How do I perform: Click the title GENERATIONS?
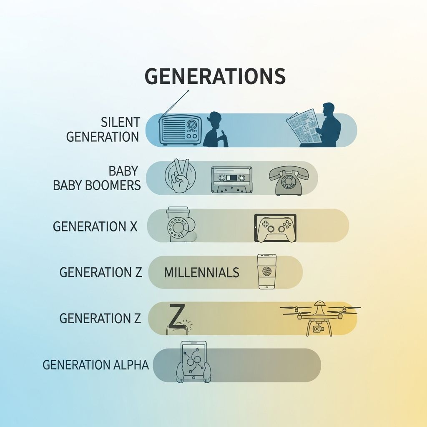pos(215,76)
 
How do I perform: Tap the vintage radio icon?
pos(181,130)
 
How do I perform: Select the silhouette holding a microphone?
pos(216,130)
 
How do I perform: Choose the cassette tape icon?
pos(231,180)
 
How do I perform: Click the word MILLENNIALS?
pos(202,273)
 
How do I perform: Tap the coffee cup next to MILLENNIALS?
pos(266,271)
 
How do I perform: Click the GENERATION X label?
pos(95,226)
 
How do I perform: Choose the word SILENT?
pos(120,122)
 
